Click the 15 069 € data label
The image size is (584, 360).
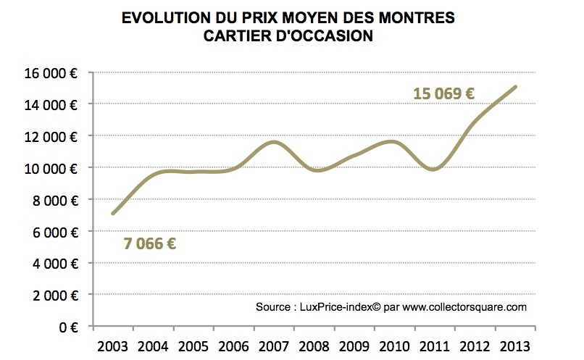443,93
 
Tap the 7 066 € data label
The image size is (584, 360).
151,243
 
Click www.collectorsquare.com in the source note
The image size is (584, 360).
464,307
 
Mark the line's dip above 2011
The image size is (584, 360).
433,169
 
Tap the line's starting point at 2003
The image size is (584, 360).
112,214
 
